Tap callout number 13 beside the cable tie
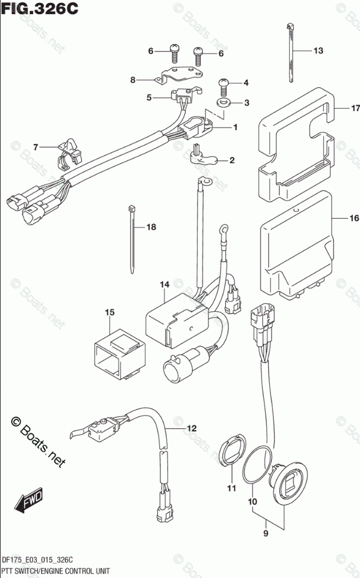(317, 51)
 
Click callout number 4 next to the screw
(246, 82)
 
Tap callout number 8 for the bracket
(133, 80)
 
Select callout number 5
(149, 98)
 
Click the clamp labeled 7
(69, 152)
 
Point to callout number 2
(232, 160)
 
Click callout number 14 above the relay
(164, 285)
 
